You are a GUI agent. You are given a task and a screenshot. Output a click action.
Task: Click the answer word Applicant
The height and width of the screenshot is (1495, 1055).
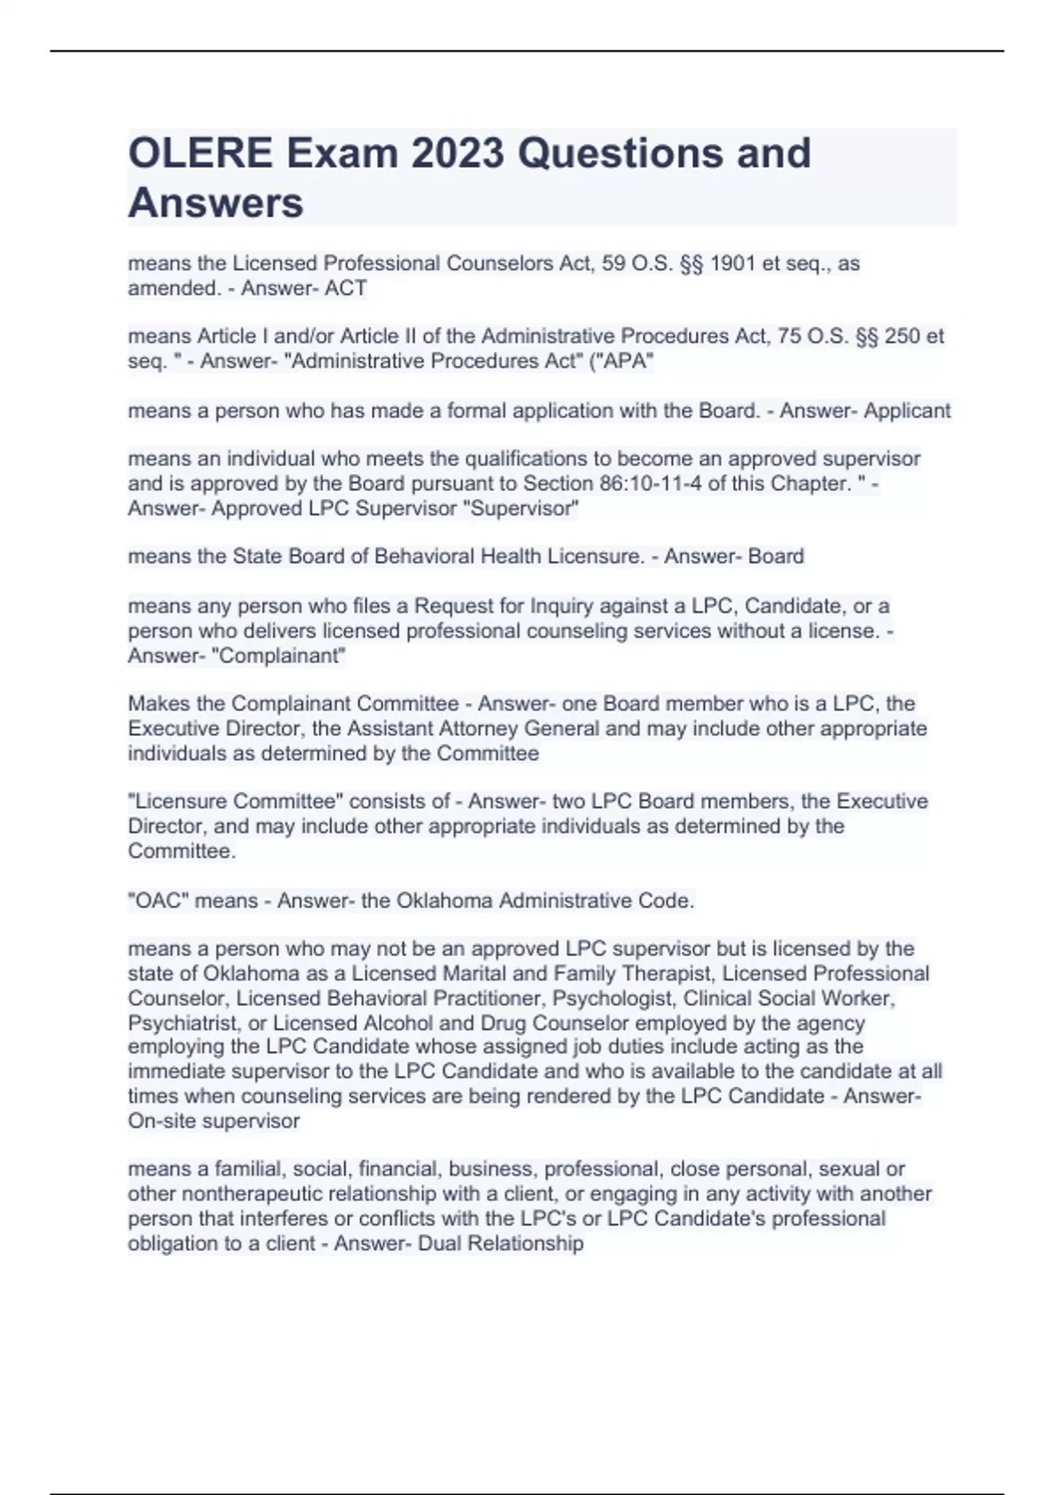[x=906, y=411]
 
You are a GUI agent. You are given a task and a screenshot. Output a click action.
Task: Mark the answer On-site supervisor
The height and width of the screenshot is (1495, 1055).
[x=214, y=1122]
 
